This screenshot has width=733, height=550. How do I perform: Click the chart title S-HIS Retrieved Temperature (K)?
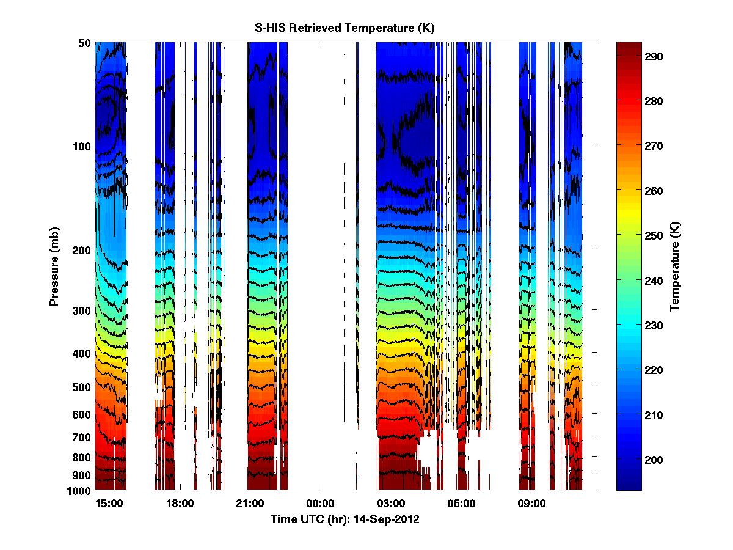tap(345, 28)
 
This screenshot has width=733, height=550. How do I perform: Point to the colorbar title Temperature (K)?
tap(675, 267)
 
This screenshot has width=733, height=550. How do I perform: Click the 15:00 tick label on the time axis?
tap(110, 504)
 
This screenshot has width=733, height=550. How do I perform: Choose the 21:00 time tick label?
tap(250, 504)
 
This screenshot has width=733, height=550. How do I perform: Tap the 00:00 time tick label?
tap(320, 504)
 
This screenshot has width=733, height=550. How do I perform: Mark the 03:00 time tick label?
tap(391, 504)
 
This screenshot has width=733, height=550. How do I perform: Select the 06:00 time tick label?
tap(461, 504)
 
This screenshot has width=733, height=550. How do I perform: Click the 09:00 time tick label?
tap(531, 504)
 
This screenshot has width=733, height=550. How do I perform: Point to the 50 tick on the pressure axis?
tap(84, 43)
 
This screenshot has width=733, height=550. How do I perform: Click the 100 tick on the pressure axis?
tap(82, 147)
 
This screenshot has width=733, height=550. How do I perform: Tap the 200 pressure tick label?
tap(82, 251)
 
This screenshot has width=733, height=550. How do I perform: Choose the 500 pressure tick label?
tap(82, 387)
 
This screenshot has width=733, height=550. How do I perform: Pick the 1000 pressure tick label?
tap(79, 491)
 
